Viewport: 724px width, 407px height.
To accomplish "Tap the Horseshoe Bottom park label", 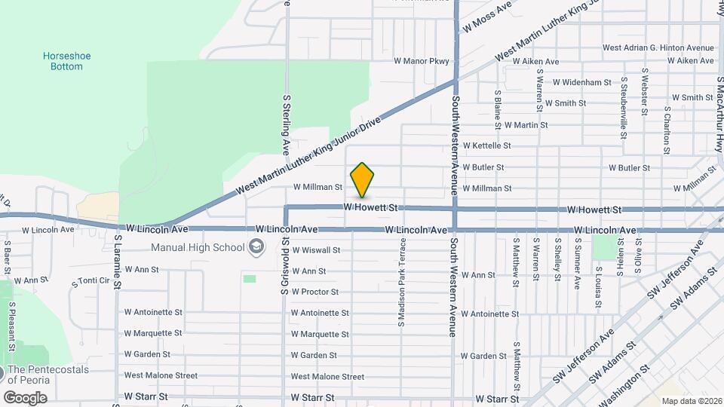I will (x=63, y=61).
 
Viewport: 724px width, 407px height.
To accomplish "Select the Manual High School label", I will (x=198, y=247).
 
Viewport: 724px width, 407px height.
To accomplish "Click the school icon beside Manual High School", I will (x=256, y=247).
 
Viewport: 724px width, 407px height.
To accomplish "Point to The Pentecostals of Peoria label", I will (x=58, y=375).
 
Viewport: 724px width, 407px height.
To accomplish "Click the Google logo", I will (x=25, y=397).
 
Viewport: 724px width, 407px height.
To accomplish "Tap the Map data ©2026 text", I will (x=691, y=401).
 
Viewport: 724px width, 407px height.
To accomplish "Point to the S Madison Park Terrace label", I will (x=402, y=282).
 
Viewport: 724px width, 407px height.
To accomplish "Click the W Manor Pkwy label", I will (x=421, y=61).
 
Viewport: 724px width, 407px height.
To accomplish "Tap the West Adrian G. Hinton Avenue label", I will (x=658, y=47).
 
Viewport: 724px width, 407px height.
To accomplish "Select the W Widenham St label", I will (x=581, y=82).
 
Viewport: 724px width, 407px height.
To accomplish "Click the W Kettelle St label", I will (x=486, y=145).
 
